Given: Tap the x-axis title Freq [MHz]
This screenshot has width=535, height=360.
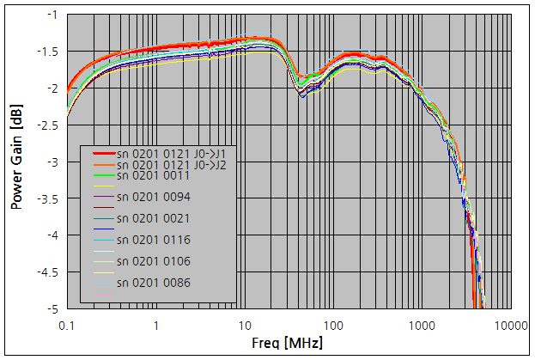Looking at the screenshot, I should point(289,344).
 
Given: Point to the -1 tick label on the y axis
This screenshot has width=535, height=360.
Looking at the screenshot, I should point(52,15).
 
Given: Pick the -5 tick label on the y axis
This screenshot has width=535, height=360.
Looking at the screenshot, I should point(52,308).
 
